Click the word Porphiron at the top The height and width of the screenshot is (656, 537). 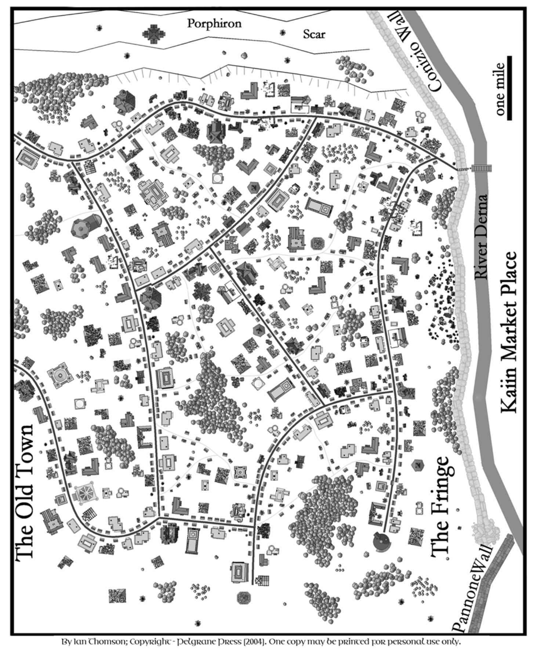click(x=214, y=24)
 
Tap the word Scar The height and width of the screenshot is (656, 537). click(x=314, y=34)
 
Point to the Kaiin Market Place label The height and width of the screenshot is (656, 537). click(x=509, y=332)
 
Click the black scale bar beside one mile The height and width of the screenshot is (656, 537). click(x=509, y=88)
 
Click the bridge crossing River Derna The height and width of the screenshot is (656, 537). click(x=481, y=168)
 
